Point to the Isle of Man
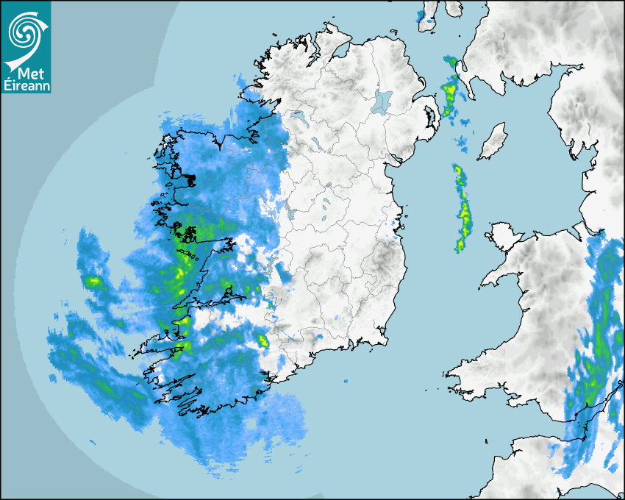(x=493, y=142)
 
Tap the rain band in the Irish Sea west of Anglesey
(x=463, y=210)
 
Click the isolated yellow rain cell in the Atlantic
(x=93, y=281)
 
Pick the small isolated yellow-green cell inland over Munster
(x=262, y=340)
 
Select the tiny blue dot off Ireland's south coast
(x=344, y=381)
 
